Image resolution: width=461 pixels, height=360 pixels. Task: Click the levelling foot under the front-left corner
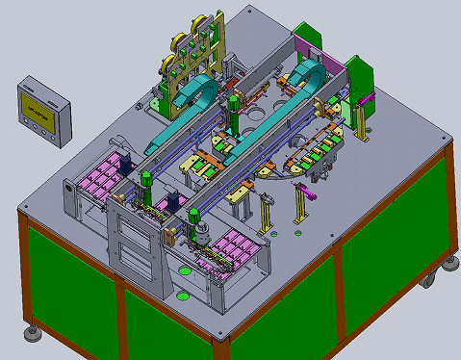(32, 333)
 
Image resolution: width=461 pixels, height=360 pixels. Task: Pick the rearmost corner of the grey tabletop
(252, 9)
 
